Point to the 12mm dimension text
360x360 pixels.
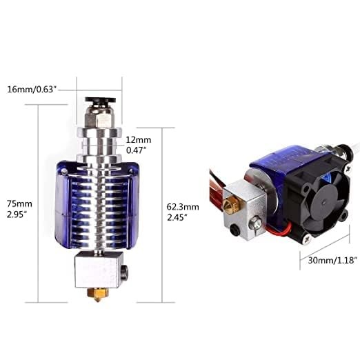137,138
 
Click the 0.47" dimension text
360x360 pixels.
137,148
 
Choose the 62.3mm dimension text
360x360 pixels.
183,206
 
